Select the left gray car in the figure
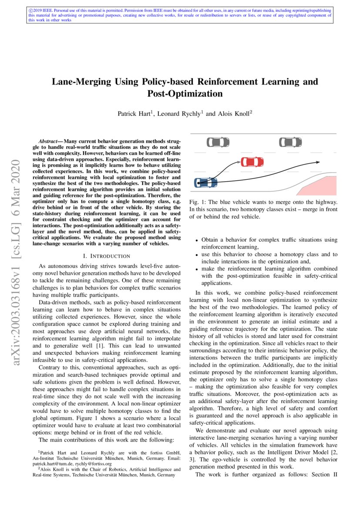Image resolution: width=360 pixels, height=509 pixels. point(218,142)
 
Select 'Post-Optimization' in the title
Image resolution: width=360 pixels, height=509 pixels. point(185,94)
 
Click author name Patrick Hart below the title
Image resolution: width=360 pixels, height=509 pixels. point(134,114)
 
